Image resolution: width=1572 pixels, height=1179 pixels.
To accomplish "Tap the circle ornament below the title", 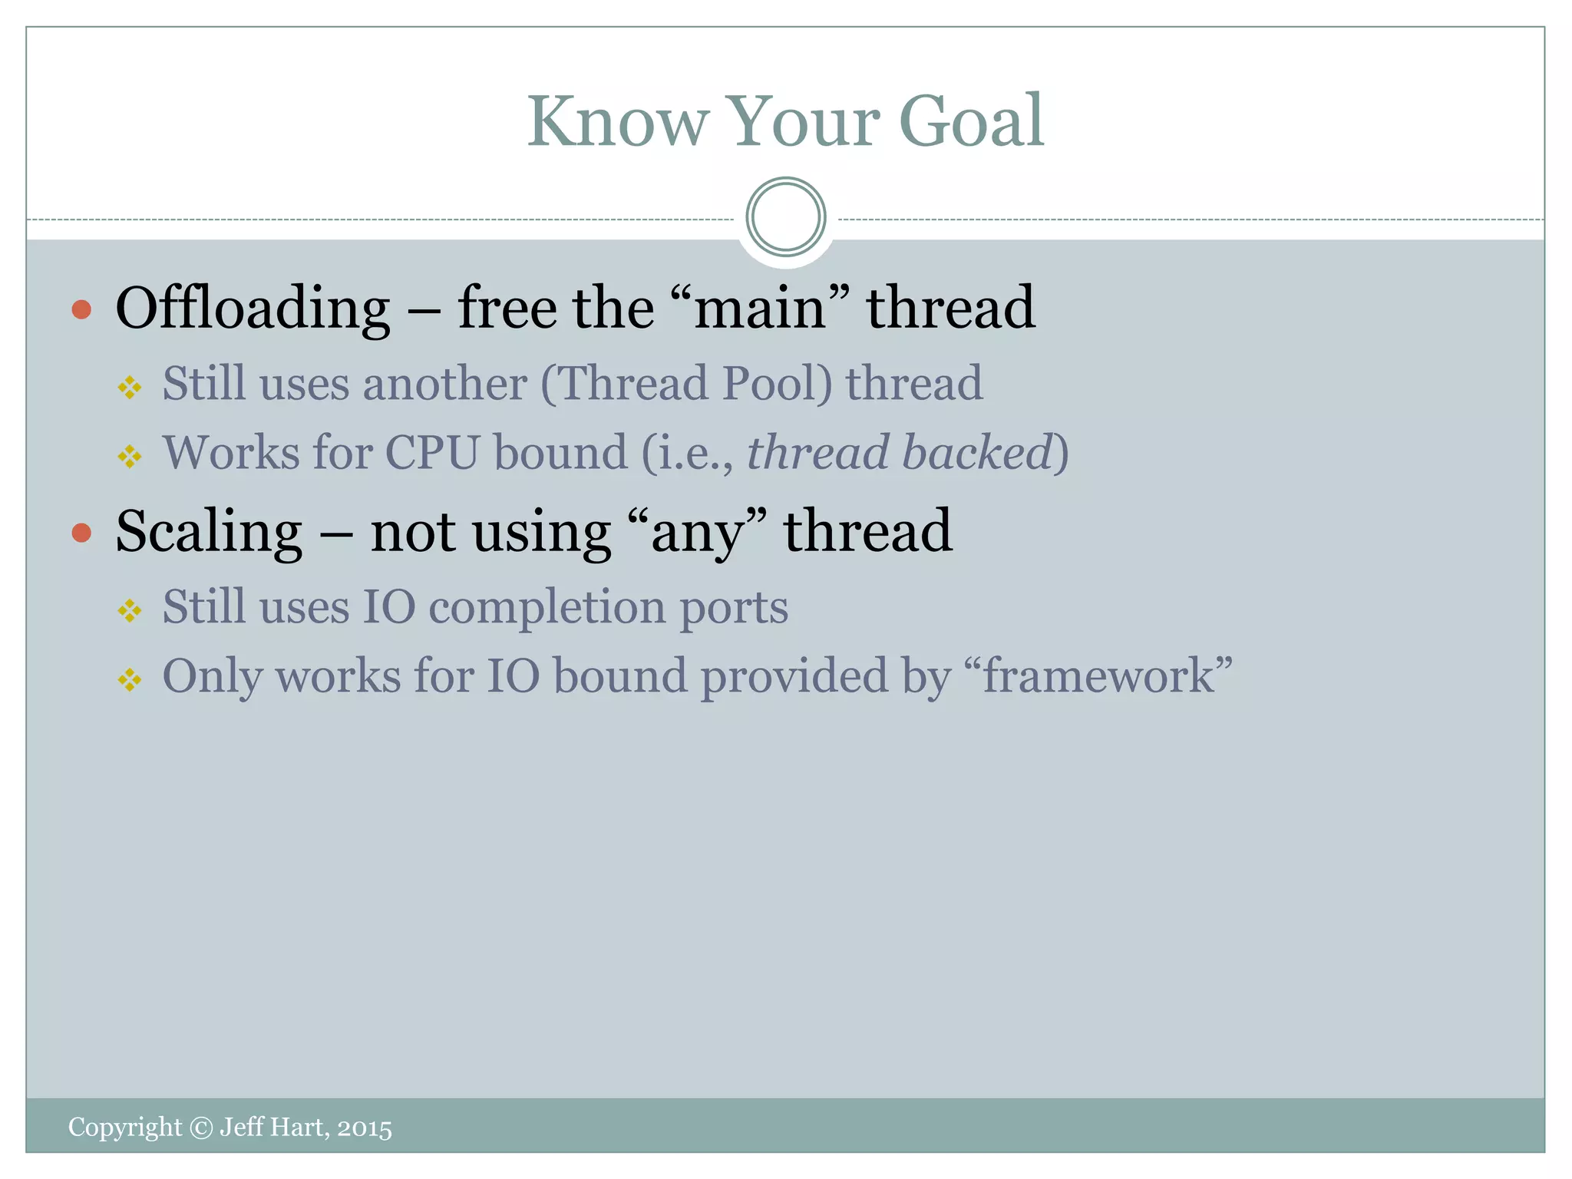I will point(785,217).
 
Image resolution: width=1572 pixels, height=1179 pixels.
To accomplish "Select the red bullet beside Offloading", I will point(81,310).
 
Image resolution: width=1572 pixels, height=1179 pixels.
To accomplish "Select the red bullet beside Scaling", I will point(81,533).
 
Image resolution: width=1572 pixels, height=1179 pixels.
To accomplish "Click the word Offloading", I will point(253,309).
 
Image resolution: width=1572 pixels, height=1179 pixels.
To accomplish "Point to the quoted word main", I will point(759,309).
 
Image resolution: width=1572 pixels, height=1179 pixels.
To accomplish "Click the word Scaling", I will point(209,532).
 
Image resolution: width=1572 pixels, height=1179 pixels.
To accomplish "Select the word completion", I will point(547,608).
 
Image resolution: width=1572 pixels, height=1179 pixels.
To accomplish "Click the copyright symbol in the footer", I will point(200,1128).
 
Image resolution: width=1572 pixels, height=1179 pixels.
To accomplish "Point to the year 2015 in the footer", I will point(365,1128).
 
